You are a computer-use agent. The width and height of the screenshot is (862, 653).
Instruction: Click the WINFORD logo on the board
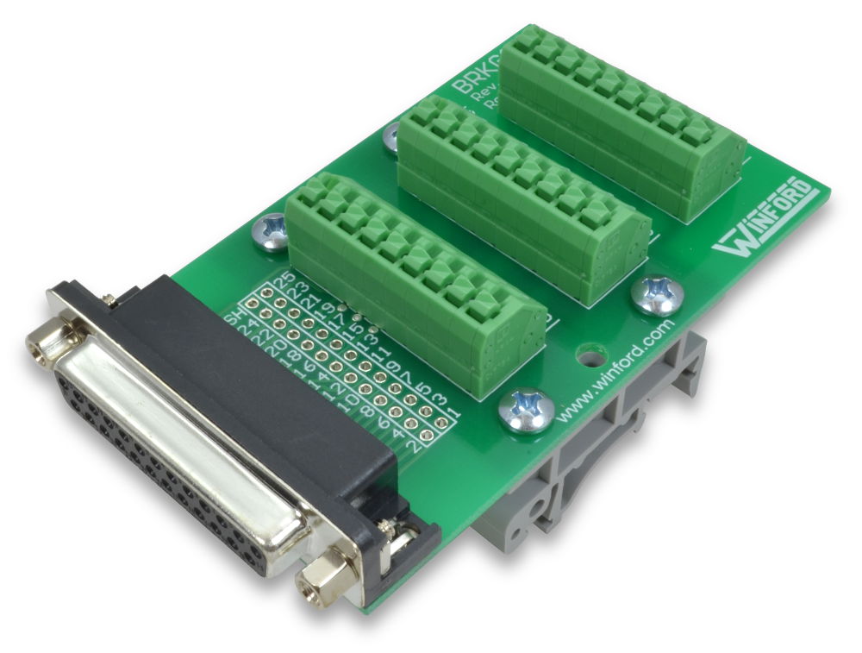click(763, 218)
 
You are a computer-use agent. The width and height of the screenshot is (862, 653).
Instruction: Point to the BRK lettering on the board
click(473, 86)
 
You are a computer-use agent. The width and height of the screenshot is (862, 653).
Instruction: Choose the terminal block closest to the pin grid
click(414, 285)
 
